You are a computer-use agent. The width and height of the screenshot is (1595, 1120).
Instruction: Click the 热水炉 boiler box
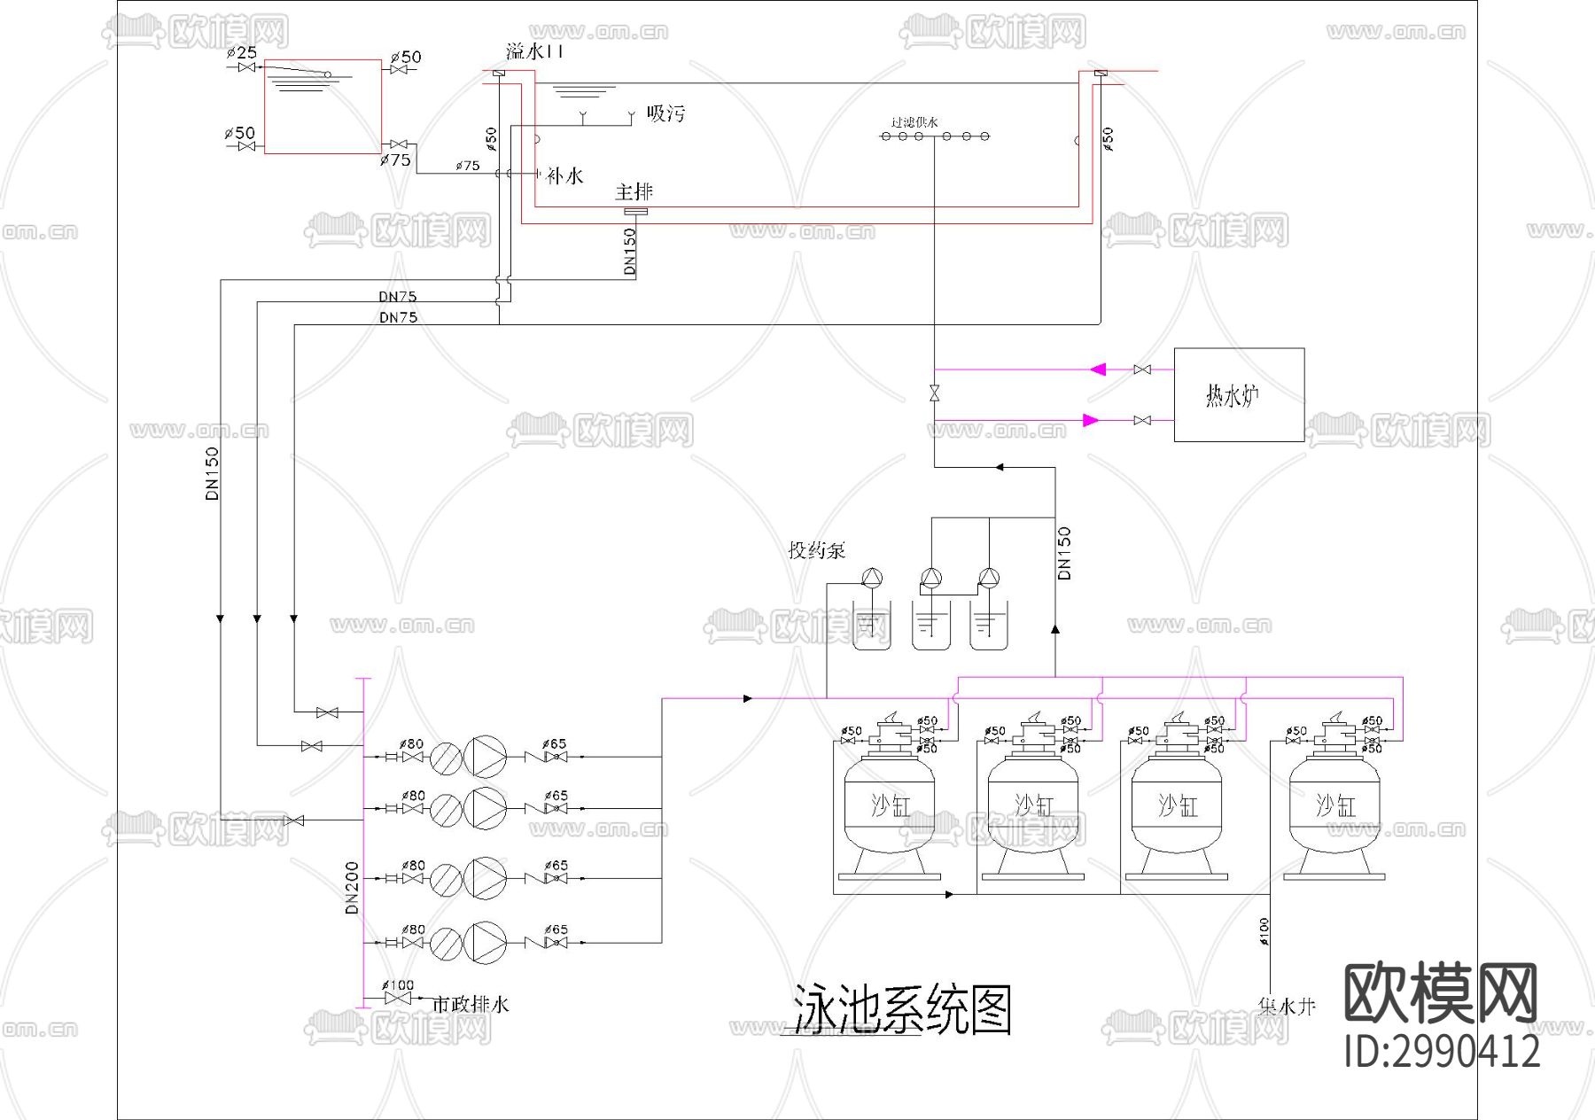click(1238, 394)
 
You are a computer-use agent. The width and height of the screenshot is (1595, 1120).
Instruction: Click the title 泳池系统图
click(901, 1009)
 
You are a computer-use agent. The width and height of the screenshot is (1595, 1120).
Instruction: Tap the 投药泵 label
click(816, 550)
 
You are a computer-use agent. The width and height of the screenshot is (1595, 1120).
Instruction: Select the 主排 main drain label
click(634, 191)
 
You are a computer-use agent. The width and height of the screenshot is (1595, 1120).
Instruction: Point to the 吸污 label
click(665, 113)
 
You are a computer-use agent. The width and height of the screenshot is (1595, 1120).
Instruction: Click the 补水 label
click(564, 176)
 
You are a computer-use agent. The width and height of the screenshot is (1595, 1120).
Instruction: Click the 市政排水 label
click(470, 1005)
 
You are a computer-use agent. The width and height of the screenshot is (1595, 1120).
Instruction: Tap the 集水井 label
click(1287, 1007)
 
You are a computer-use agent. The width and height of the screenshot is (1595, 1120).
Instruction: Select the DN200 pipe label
click(352, 887)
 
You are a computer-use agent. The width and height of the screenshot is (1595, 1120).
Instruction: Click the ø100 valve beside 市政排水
click(400, 999)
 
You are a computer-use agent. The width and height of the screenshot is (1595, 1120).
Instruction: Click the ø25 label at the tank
click(241, 53)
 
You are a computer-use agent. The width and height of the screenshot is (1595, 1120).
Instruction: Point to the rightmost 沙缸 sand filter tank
click(1334, 806)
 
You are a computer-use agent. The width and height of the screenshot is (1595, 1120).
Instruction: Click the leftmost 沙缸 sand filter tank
click(890, 806)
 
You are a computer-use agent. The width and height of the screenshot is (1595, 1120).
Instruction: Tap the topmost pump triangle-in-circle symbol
click(485, 757)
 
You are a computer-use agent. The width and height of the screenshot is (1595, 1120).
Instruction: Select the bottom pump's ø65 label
click(556, 929)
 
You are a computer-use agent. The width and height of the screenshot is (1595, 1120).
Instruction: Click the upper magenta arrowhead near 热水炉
click(1098, 369)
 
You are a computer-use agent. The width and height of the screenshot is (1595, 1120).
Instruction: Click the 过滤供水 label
click(914, 122)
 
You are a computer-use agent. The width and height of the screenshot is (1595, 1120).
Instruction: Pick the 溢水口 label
click(533, 51)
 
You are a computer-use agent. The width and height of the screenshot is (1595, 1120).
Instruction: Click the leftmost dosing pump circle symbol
click(872, 579)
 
